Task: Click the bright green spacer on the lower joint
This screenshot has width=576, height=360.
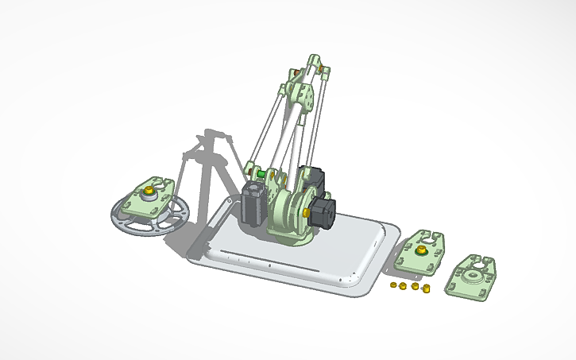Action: tap(260, 172)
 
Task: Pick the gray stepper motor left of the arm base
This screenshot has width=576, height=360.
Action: tap(253, 204)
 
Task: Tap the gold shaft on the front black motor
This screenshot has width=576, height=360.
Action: tap(305, 212)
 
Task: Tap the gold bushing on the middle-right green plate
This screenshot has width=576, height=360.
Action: tap(421, 251)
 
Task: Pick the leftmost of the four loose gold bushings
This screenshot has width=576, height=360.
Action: tap(395, 283)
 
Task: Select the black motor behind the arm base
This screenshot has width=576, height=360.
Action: tap(313, 179)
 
